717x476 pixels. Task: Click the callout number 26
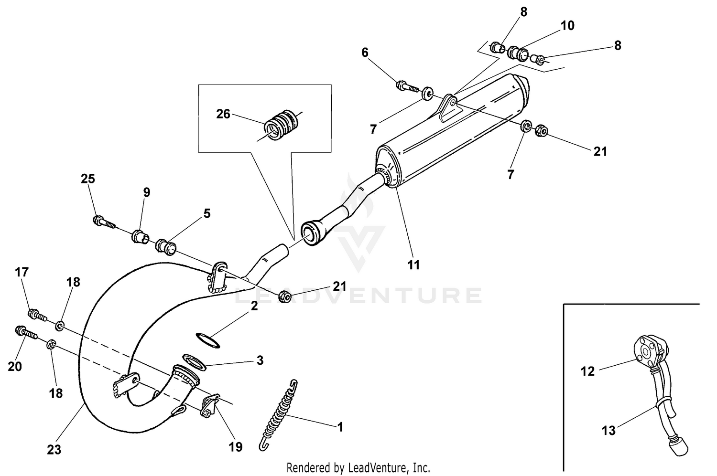(223, 115)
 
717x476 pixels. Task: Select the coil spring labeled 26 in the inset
(282, 126)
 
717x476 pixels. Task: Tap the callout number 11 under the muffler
(413, 264)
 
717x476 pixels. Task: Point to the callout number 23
(54, 450)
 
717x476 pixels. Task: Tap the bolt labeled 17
(37, 315)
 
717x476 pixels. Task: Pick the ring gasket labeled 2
(208, 340)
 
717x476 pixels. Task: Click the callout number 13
(608, 431)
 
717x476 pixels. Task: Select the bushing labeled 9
(140, 236)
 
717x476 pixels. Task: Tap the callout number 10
(567, 25)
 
